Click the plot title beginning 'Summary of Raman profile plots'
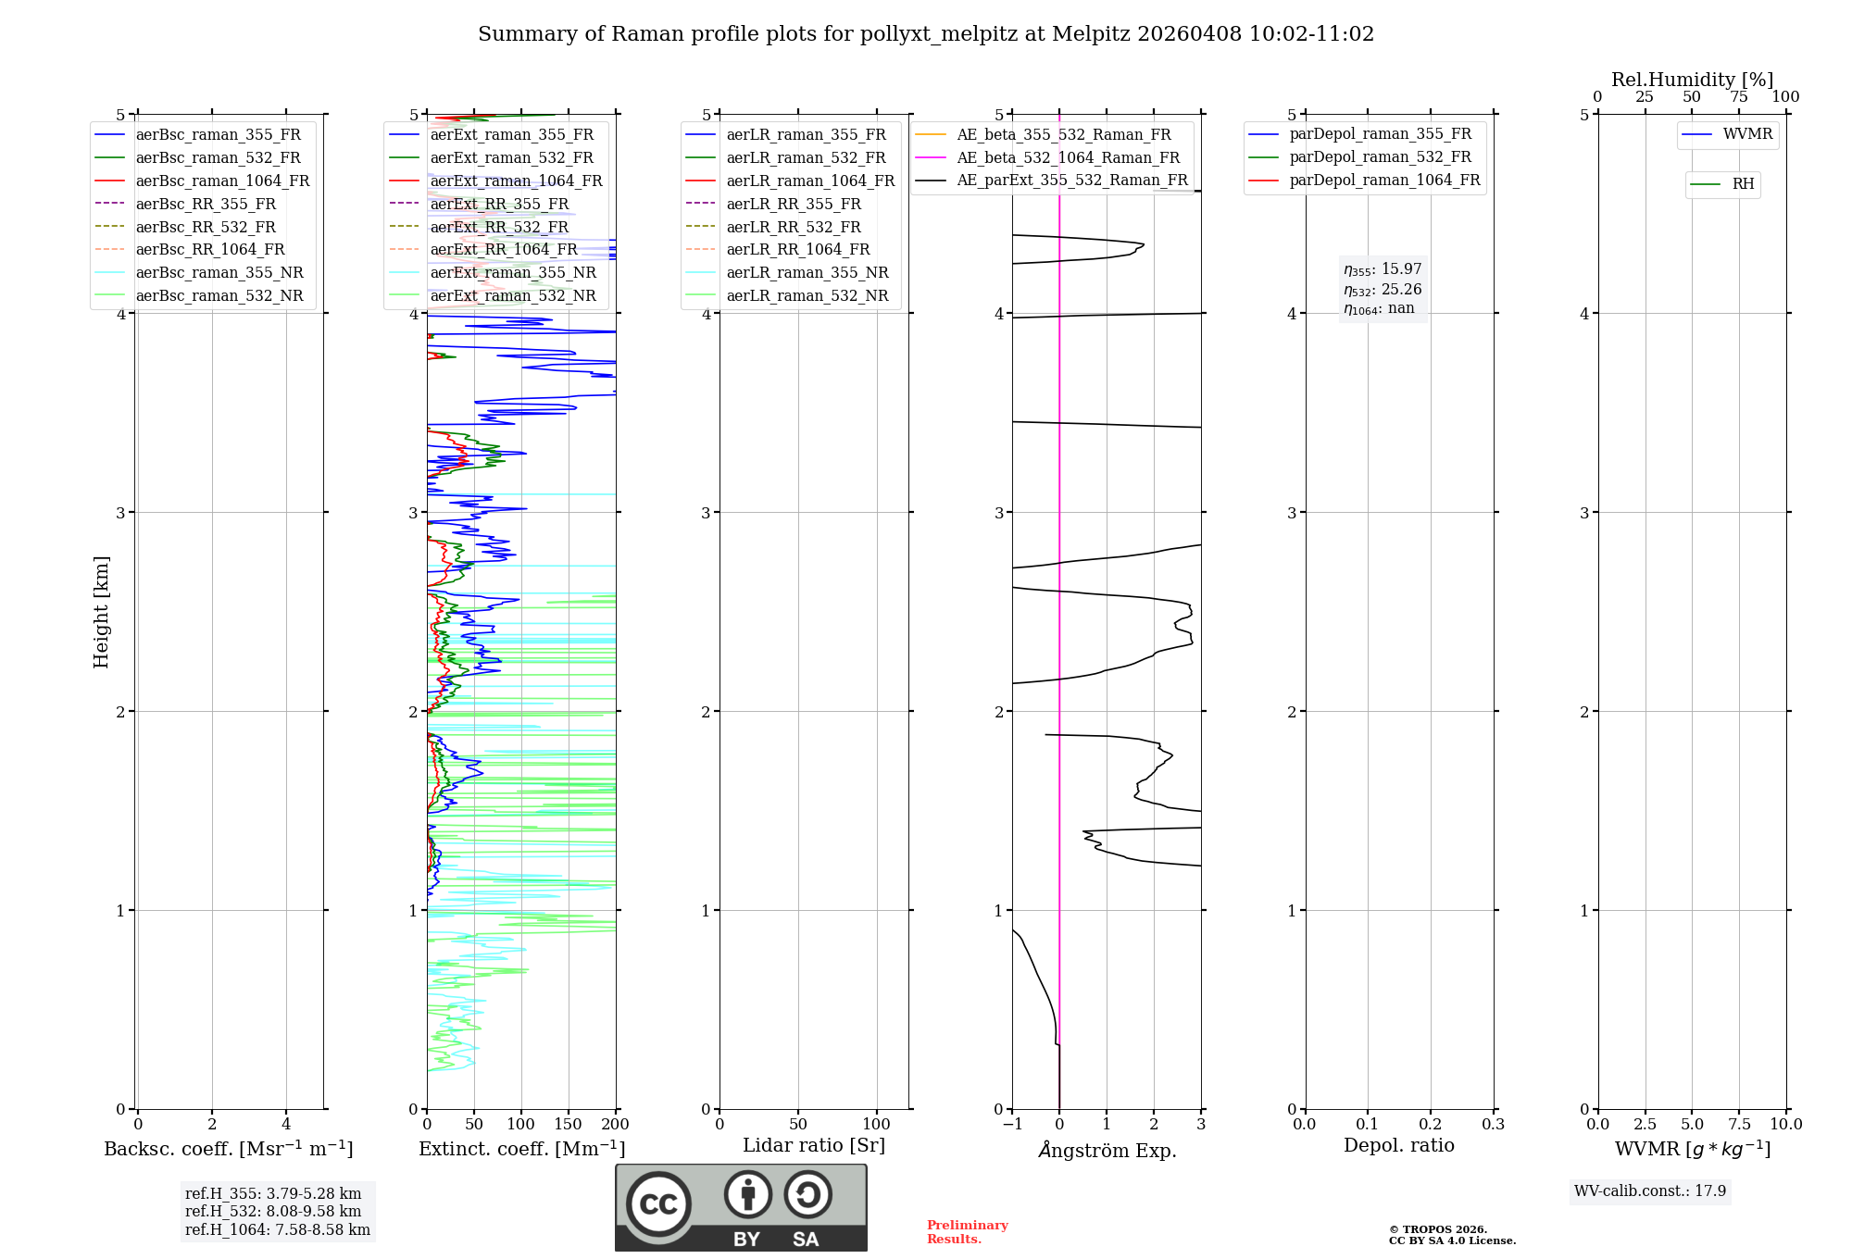click(x=926, y=34)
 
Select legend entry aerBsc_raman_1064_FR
click(x=222, y=181)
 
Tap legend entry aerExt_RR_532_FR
click(x=499, y=228)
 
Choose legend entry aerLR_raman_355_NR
click(x=807, y=273)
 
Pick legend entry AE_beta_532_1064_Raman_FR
click(x=1068, y=158)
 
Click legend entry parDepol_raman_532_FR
click(x=1380, y=157)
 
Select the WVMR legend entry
click(x=1747, y=134)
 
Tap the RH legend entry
click(x=1743, y=184)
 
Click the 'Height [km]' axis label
click(x=101, y=612)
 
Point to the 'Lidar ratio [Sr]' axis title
click(x=814, y=1146)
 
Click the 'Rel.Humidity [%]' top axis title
click(x=1692, y=80)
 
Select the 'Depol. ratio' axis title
click(x=1398, y=1146)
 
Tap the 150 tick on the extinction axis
click(x=568, y=1125)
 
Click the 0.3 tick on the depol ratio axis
click(x=1493, y=1125)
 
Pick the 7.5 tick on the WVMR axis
click(x=1739, y=1125)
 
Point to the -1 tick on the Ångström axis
click(x=1011, y=1125)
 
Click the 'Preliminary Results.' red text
click(x=967, y=1232)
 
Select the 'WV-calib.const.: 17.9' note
click(x=1650, y=1191)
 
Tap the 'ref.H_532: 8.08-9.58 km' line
click(x=273, y=1212)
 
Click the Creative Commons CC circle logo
click(x=658, y=1204)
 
